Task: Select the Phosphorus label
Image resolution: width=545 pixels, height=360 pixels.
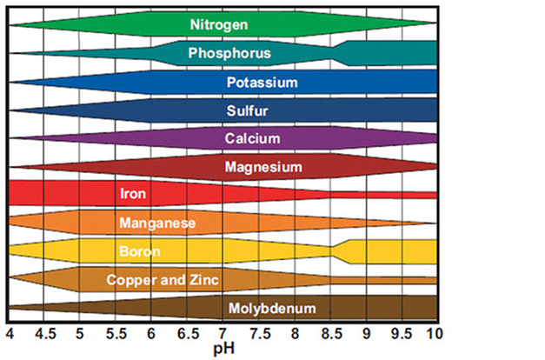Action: coord(229,53)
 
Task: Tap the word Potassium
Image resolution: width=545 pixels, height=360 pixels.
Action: coord(262,83)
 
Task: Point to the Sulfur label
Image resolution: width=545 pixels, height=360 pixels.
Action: coord(247,110)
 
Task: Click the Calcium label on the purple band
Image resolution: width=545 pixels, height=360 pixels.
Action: coord(252,138)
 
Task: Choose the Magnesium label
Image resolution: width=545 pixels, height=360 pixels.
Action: coord(263,166)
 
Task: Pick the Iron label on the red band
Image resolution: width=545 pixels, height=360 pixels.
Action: coord(133,194)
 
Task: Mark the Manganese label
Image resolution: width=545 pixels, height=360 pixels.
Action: coord(157,223)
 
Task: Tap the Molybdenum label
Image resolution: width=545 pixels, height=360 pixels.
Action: coord(272,308)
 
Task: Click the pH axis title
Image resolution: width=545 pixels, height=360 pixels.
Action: coord(223,348)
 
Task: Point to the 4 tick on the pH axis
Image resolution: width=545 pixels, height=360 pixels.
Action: coord(10,332)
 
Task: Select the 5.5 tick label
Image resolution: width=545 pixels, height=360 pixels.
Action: coord(115,332)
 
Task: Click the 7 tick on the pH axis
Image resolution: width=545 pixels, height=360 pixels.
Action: coord(223,332)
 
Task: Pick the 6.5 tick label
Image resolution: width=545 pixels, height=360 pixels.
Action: coord(186,332)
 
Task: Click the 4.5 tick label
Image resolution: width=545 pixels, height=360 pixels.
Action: coord(43,332)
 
